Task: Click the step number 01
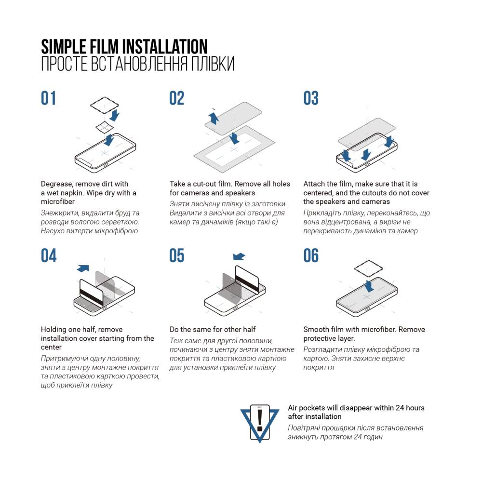coord(49,98)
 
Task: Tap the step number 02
coord(177,98)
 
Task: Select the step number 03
coord(311,98)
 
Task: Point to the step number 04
coord(49,256)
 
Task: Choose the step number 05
coord(177,256)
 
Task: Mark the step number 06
coord(311,256)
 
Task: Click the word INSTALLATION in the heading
coord(165,47)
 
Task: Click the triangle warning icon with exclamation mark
coord(260,420)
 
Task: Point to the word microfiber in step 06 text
coord(379,330)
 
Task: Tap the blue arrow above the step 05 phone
coord(239,256)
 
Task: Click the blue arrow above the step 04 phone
coord(83,268)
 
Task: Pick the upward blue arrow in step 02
coord(214,117)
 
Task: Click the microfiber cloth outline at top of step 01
coord(105,105)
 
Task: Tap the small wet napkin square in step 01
coord(104,127)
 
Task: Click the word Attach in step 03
coord(314,184)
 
